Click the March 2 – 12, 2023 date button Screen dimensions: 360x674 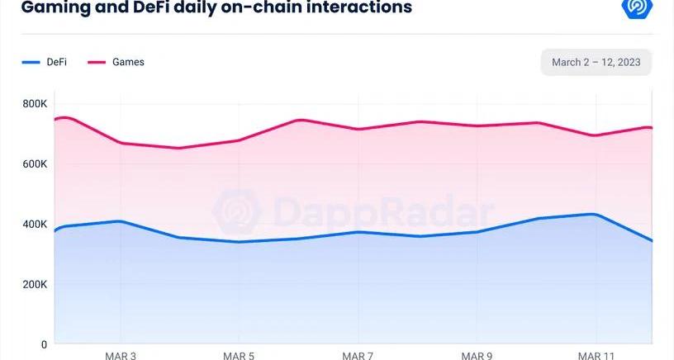coord(596,63)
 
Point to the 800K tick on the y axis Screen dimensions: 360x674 coord(35,104)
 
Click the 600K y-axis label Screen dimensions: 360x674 coord(35,164)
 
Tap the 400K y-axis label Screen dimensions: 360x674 coord(35,225)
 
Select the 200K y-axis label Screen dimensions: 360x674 coord(35,284)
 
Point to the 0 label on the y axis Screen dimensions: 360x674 coord(45,343)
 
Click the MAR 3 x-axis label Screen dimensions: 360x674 coord(121,355)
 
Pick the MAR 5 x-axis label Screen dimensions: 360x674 coord(239,355)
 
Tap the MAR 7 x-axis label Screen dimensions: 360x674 coord(358,355)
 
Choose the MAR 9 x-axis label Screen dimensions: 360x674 coord(477,355)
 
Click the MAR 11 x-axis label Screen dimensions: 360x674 coord(596,355)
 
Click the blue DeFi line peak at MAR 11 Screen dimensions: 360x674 coord(593,214)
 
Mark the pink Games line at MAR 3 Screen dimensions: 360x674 coord(121,143)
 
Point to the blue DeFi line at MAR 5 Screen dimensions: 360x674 coord(239,242)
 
